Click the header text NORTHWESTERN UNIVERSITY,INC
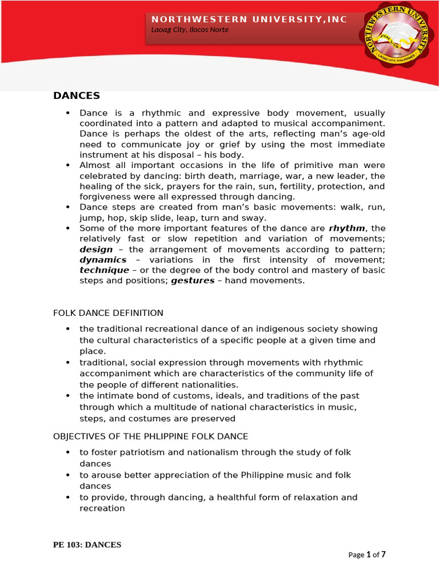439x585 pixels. (249, 19)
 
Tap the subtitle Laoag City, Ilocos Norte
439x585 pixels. (190, 30)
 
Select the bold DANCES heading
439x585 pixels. (77, 95)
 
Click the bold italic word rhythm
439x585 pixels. (347, 229)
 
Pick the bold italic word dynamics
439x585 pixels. (103, 260)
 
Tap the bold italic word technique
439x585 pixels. (104, 270)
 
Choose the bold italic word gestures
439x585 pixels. (193, 281)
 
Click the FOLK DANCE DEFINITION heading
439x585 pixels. (108, 313)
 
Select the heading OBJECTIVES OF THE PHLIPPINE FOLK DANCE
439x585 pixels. (150, 436)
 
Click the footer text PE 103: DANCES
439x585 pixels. (87, 545)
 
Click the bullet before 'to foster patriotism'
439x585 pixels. (68, 452)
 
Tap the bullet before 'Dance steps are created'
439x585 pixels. (68, 207)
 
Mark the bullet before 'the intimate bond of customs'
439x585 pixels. (68, 396)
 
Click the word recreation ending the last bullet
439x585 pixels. (102, 508)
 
